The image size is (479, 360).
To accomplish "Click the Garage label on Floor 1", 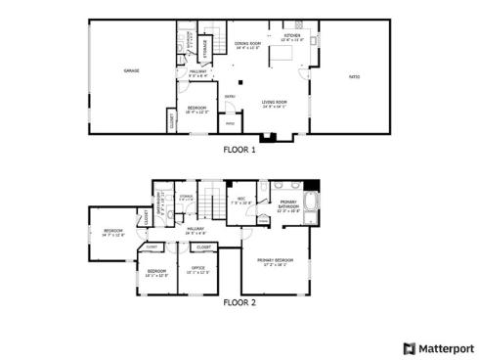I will (130, 71).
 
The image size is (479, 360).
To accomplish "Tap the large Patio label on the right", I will (355, 76).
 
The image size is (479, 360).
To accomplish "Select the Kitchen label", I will (292, 37).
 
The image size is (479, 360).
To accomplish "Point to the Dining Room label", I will (247, 44).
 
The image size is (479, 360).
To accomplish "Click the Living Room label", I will (274, 103).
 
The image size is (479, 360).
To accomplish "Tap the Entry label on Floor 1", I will (231, 96).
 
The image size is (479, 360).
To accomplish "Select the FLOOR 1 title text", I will (239, 150).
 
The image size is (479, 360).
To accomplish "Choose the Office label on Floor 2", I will (198, 269).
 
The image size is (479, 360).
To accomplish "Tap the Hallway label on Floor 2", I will (196, 231).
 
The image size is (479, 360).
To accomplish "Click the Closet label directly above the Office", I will (203, 247).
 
